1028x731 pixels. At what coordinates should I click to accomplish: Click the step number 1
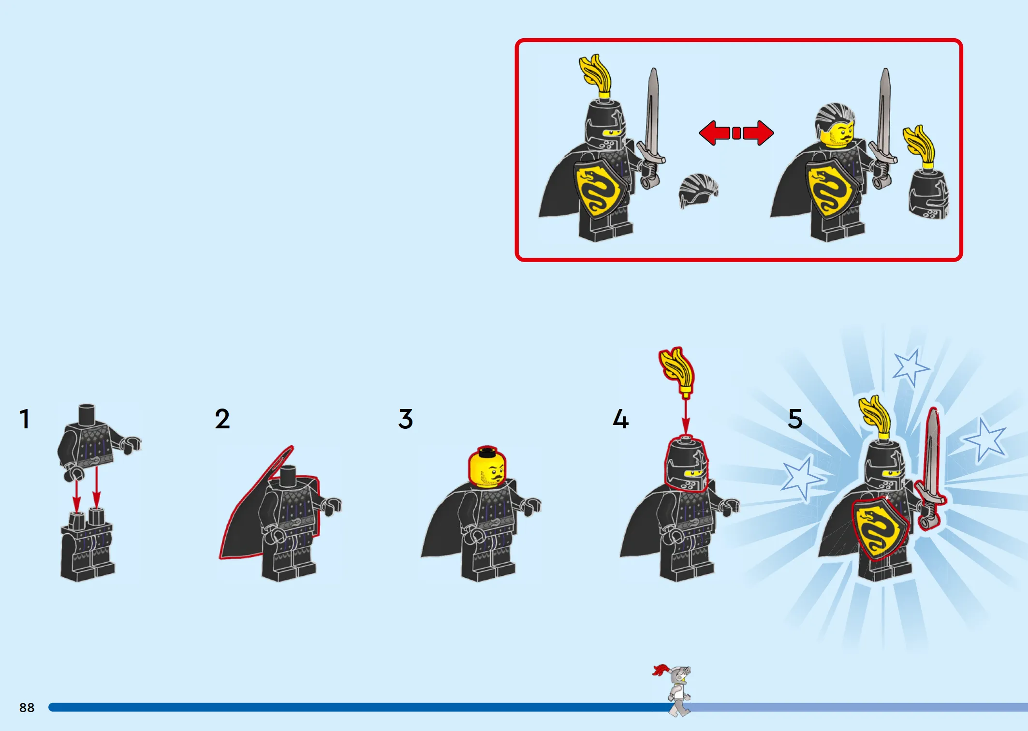25,419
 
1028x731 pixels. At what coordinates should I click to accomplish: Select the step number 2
222,419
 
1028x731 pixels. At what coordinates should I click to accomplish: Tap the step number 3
406,419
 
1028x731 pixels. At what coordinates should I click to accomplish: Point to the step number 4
621,419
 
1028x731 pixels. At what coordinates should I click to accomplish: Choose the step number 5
795,419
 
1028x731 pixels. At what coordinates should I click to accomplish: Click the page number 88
27,707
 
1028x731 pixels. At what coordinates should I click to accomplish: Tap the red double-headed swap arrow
736,133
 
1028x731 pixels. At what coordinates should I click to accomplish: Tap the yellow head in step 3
487,467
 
